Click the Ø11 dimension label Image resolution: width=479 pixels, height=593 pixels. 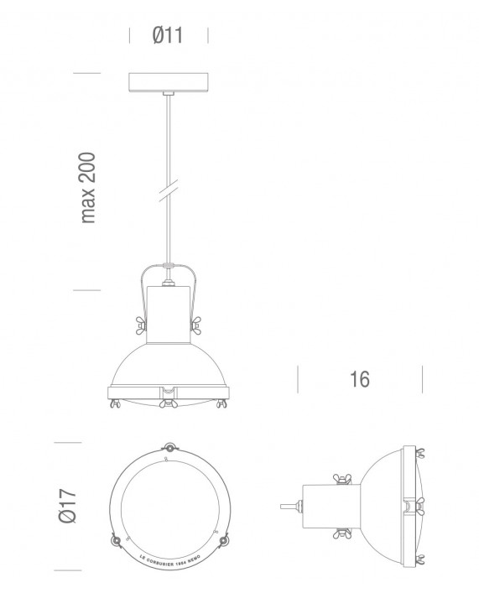[x=168, y=35]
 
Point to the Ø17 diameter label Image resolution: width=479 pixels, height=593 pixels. [x=70, y=504]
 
